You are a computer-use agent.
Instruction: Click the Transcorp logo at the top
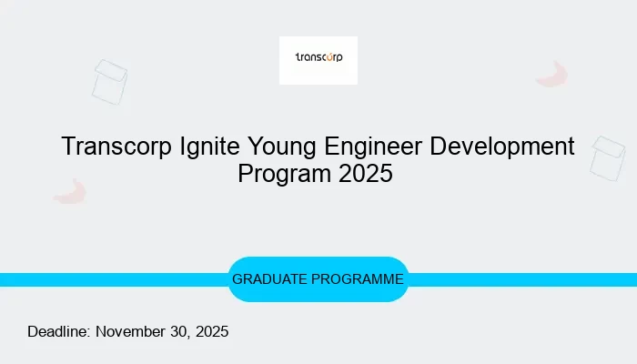(x=318, y=60)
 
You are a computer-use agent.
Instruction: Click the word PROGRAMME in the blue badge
(x=359, y=279)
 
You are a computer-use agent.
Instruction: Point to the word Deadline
(x=58, y=331)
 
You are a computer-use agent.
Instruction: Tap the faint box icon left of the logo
(x=109, y=82)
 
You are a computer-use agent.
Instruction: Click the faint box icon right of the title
(x=607, y=157)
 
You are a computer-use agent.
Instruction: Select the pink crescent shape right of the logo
(x=552, y=75)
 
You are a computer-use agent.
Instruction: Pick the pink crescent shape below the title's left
(x=70, y=191)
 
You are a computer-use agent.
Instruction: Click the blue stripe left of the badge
(x=109, y=279)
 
